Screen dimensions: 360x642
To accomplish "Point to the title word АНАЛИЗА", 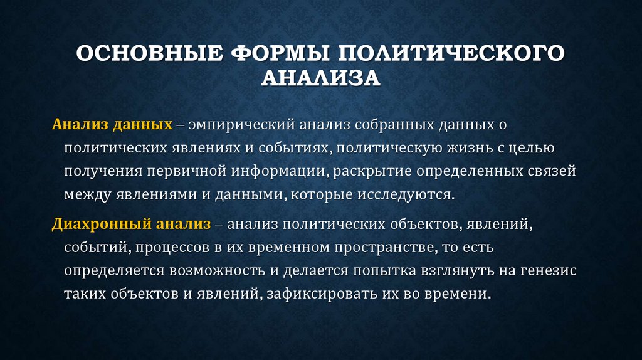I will [320, 78].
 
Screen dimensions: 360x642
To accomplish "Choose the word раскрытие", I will [367, 171].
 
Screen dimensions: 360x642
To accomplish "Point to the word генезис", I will [545, 271].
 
